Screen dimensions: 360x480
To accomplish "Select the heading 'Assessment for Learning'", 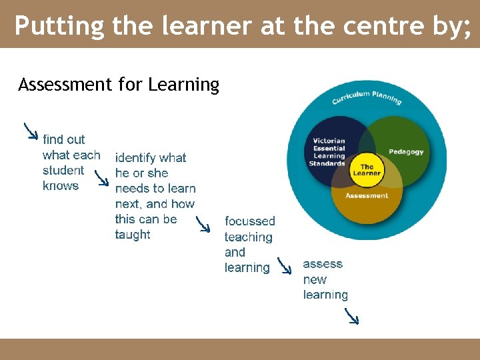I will click(119, 85).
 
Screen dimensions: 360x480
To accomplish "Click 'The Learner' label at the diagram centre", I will click(367, 169).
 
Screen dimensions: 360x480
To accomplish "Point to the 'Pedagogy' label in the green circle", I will click(406, 152).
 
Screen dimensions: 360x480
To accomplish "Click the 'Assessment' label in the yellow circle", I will click(367, 196).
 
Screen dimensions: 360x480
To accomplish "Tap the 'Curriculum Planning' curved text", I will click(367, 97).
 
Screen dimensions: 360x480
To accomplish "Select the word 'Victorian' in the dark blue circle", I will click(329, 141).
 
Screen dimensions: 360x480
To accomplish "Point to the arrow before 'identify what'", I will click(101, 178).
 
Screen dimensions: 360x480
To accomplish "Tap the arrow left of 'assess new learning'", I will click(285, 267).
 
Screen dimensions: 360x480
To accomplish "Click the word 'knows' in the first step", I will click(61, 186).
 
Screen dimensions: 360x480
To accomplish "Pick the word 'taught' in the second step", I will click(133, 235).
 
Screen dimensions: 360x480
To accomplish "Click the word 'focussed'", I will click(250, 221).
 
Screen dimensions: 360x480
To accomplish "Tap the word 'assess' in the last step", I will click(323, 264).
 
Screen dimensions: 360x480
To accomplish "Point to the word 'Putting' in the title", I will click(59, 26).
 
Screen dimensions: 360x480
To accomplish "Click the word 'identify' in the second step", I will click(135, 158).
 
